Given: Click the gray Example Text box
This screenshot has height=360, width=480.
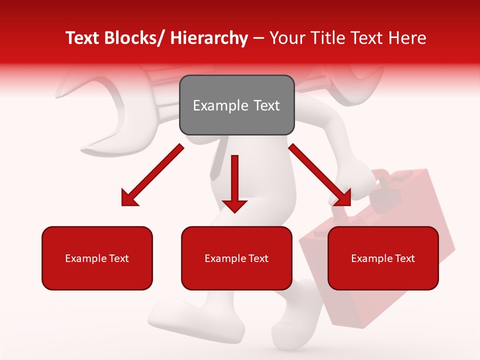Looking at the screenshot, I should [236, 105].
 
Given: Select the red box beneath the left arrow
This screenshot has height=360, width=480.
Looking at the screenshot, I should [97, 258].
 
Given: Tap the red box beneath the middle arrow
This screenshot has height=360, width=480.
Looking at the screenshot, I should [236, 258].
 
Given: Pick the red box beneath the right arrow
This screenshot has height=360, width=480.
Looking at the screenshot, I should [383, 258].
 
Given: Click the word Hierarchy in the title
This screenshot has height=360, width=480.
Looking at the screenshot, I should [209, 38].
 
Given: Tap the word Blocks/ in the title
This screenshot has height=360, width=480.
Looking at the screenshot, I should [135, 38].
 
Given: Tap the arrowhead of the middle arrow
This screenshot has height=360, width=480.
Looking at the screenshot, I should [234, 205].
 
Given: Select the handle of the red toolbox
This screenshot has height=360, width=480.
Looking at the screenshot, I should [382, 187].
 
